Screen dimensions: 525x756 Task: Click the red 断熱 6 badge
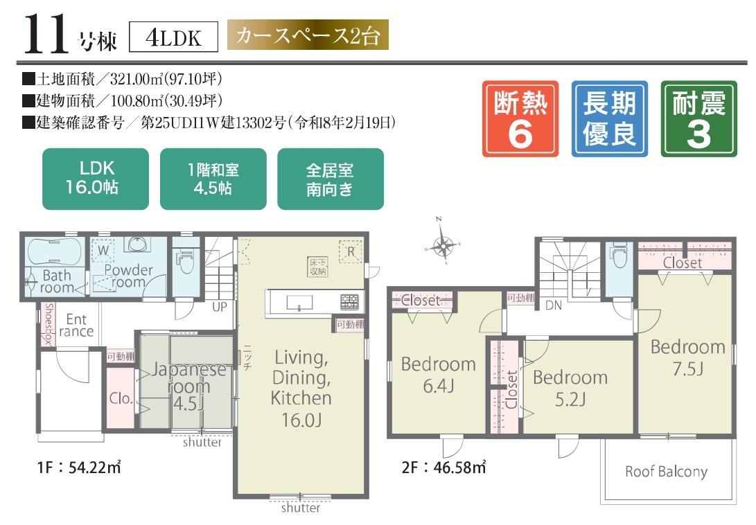point(520,118)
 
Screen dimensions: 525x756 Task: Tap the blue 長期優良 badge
point(609,118)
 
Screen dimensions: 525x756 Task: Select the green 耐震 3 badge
point(699,118)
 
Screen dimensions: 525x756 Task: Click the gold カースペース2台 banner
point(308,37)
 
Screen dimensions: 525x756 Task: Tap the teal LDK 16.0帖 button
point(96,179)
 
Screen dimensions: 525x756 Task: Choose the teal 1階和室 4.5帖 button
point(213,179)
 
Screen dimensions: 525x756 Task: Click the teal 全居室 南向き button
point(331,179)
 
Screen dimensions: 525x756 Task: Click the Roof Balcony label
point(666,472)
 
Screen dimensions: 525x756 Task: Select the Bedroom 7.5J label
point(687,356)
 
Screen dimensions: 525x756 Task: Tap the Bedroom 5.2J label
point(570,388)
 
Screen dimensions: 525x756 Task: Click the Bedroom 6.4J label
point(439,374)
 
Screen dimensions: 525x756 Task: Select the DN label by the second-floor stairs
point(553,304)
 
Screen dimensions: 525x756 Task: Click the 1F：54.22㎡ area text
point(71,467)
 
